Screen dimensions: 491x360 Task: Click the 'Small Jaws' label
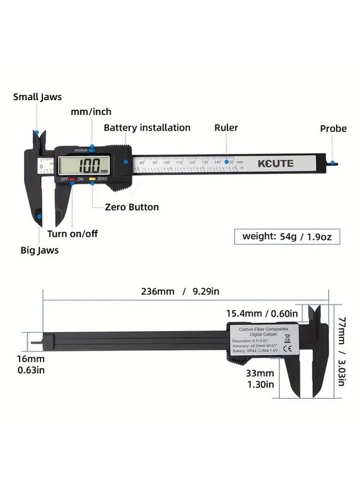click(38, 97)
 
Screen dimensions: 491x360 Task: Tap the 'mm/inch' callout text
click(91, 112)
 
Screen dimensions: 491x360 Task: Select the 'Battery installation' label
click(147, 128)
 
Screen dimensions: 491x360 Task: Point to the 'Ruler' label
click(226, 128)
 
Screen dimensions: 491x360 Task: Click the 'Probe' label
click(333, 129)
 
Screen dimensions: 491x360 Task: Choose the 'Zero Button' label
click(133, 207)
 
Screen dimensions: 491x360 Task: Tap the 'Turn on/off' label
click(73, 233)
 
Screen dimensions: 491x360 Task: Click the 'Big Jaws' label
click(40, 250)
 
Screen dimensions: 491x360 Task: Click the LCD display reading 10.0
click(85, 165)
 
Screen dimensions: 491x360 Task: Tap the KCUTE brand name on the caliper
click(276, 163)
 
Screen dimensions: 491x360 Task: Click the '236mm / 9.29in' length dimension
click(180, 291)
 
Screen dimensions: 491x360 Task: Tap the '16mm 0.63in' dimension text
click(31, 364)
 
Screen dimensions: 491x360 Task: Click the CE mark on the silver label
click(287, 349)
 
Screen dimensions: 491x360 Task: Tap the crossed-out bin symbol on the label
click(287, 338)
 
